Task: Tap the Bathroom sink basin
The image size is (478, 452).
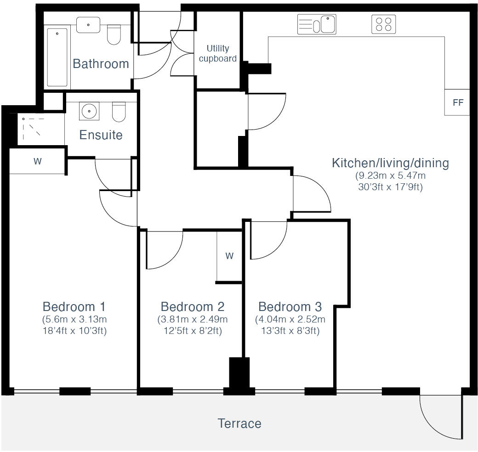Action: pos(88,25)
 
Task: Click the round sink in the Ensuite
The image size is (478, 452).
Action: pos(87,111)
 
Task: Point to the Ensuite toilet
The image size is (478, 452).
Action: pos(119,112)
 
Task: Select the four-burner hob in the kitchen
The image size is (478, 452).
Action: pos(383,24)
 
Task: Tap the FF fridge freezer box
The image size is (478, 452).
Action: pos(457,102)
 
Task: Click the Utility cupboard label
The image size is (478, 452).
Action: pos(217,53)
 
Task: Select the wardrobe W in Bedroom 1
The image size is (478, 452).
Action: pos(37,161)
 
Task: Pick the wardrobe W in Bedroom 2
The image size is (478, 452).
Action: pos(229,256)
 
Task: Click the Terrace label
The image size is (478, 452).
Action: pos(239,423)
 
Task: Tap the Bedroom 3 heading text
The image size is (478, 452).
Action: pos(290,306)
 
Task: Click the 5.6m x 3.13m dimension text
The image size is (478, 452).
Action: pos(74,319)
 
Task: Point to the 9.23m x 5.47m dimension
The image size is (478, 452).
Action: pos(390,175)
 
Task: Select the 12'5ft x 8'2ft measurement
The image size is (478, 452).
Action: pos(193,331)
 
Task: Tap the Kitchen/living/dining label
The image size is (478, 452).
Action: pos(390,163)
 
